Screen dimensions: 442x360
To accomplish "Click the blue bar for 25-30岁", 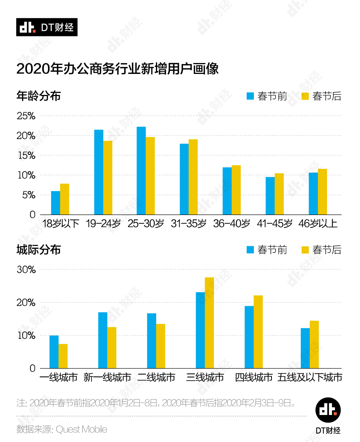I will [141, 171].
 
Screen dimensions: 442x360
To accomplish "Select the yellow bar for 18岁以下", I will [64, 199].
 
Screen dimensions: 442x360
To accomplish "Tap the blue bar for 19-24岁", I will [99, 172].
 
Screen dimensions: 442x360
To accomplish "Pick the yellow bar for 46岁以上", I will [322, 192].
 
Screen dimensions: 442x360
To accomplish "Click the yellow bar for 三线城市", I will [209, 323].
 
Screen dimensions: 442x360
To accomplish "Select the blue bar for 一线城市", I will [54, 352].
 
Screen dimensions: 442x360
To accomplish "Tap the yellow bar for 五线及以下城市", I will [314, 344].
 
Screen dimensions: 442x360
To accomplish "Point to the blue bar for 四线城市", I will [249, 337].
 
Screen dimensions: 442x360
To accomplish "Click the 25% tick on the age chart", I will [26, 116].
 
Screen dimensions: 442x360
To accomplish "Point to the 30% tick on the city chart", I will [26, 270].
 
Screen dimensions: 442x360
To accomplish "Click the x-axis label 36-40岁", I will [231, 224].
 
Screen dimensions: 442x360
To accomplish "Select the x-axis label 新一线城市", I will [107, 377].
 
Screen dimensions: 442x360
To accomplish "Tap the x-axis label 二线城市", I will [156, 377].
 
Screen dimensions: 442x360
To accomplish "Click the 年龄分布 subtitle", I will [39, 96].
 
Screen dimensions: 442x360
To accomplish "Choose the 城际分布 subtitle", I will [39, 250].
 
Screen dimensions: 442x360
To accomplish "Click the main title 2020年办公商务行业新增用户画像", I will [117, 69].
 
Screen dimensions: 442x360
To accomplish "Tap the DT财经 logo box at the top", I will [47, 27].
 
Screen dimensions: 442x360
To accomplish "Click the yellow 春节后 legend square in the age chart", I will [305, 96].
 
